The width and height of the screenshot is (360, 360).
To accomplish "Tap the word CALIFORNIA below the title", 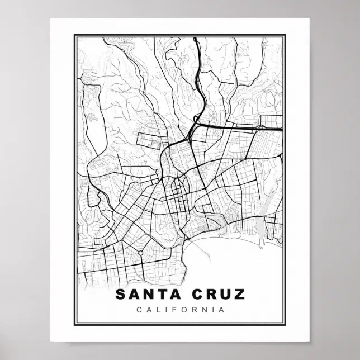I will [x=180, y=310].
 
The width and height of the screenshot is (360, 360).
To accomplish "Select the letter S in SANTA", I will [x=120, y=295].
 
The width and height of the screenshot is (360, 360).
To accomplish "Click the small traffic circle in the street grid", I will [x=140, y=253].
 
